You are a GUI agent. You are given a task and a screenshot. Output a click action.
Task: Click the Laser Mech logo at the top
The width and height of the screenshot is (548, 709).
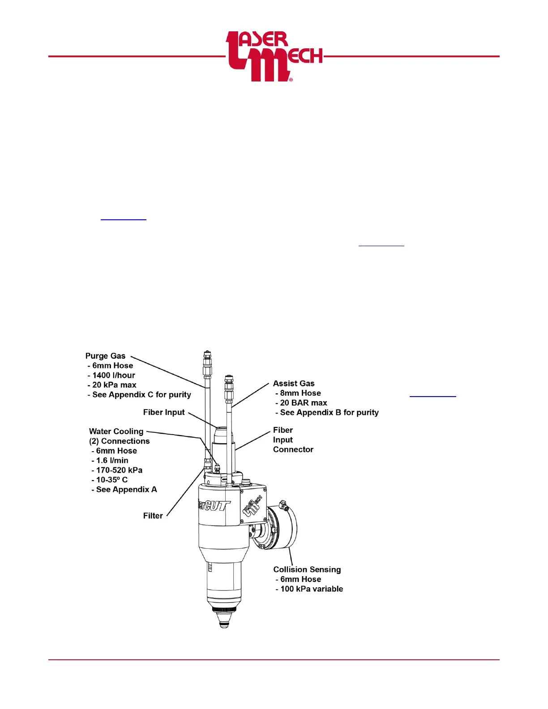click(x=274, y=56)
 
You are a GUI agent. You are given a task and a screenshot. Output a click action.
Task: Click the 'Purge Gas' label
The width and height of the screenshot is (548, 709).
click(x=105, y=356)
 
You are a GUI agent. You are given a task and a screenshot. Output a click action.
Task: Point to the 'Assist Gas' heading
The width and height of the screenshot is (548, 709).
click(x=294, y=384)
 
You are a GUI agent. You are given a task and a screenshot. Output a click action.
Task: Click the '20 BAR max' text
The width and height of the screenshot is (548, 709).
click(x=304, y=403)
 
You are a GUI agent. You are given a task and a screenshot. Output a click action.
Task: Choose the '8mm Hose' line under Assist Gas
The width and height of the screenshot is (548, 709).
click(x=300, y=393)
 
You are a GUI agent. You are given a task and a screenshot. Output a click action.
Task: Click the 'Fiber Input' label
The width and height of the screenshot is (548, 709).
click(x=164, y=412)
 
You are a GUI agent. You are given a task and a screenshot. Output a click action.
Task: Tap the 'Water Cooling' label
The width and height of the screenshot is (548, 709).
click(x=116, y=431)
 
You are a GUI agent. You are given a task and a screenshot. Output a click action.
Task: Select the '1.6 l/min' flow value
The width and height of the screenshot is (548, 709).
click(x=112, y=461)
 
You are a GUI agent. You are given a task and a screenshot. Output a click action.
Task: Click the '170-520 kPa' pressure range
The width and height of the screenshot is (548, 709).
click(x=119, y=470)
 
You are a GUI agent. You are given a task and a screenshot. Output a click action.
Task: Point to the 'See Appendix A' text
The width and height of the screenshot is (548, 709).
click(x=126, y=490)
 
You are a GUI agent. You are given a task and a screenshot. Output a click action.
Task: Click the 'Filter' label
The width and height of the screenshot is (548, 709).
click(x=153, y=516)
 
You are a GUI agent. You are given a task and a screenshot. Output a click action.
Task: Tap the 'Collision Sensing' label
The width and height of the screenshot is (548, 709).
click(x=307, y=569)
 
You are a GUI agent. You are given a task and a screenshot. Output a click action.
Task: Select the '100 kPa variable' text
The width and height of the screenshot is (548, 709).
click(x=312, y=589)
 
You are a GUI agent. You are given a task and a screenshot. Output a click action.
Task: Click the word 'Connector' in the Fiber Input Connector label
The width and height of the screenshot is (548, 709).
click(x=293, y=449)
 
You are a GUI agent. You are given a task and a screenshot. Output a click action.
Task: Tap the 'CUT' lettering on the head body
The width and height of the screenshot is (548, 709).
click(x=217, y=506)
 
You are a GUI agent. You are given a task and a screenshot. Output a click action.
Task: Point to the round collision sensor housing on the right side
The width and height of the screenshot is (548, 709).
click(x=282, y=528)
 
